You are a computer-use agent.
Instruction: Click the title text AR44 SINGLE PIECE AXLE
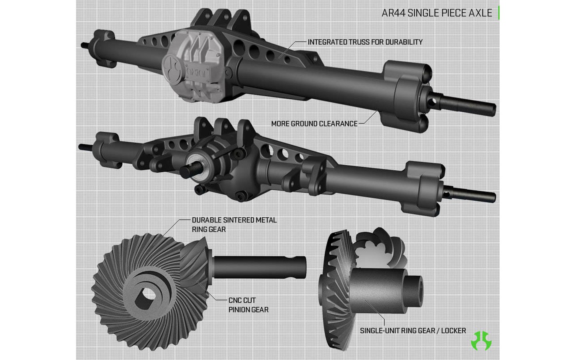click(x=437, y=13)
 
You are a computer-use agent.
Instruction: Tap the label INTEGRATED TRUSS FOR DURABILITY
click(x=365, y=42)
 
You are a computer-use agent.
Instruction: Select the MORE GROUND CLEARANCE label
click(x=314, y=124)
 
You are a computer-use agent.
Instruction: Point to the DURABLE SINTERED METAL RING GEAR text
click(x=234, y=225)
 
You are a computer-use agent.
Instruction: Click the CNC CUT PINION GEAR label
click(x=248, y=305)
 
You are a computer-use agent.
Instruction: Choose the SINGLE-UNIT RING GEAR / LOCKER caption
click(x=413, y=331)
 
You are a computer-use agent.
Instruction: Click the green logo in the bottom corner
click(x=481, y=341)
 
